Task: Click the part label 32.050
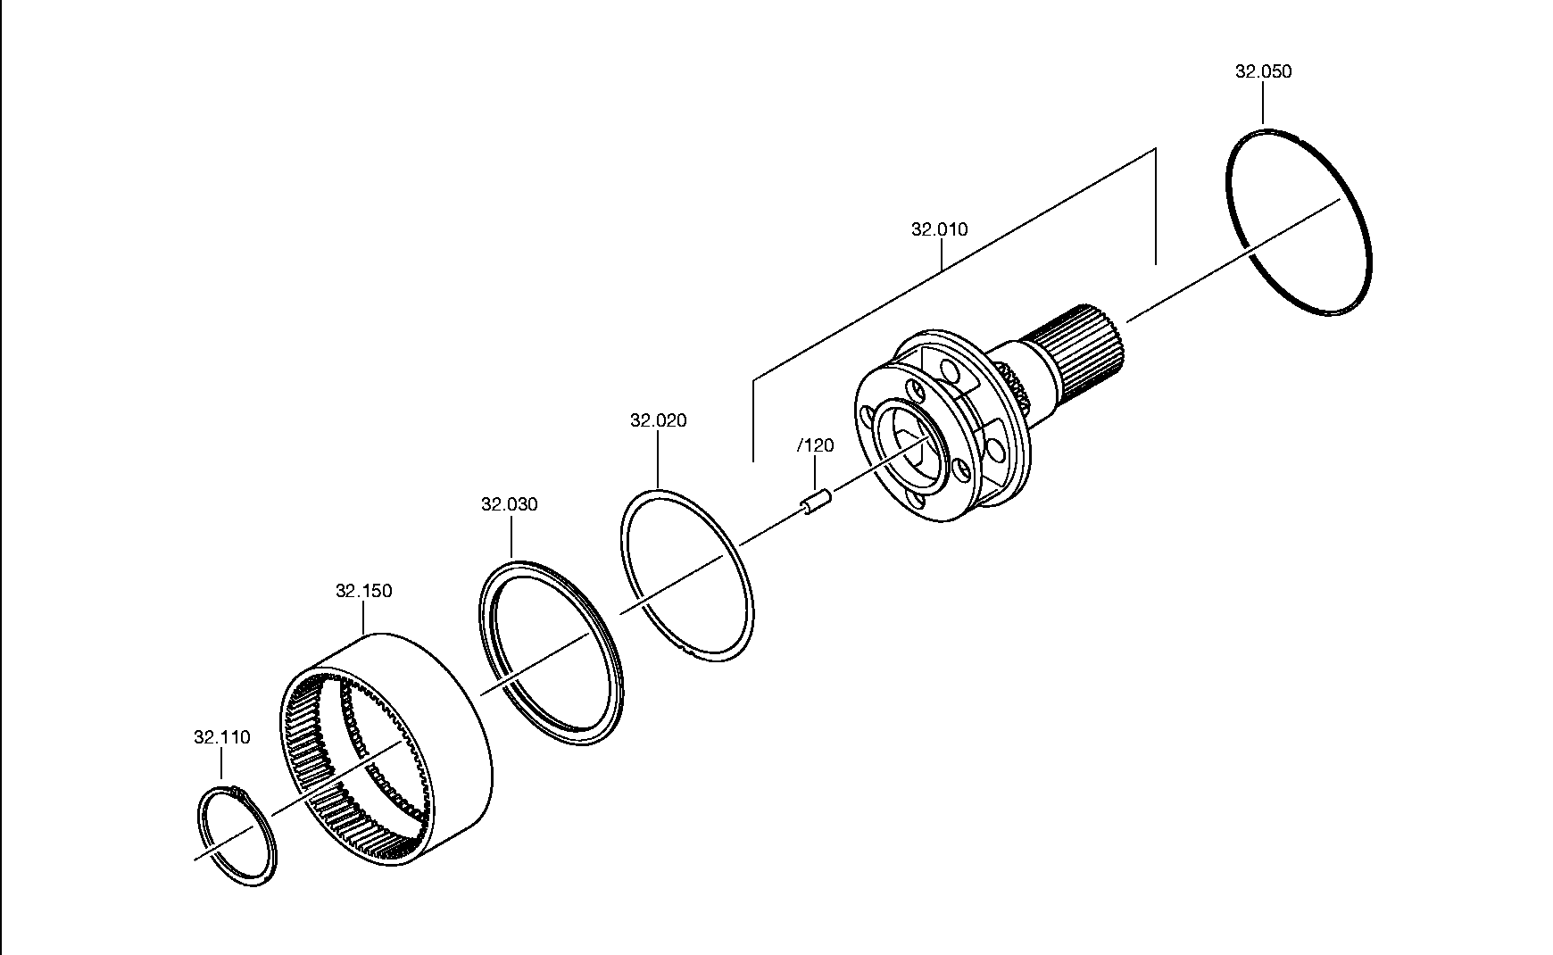click(1263, 71)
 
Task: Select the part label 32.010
click(939, 229)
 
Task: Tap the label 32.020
click(659, 420)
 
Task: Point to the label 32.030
click(510, 504)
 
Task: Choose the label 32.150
click(363, 591)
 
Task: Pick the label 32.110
click(222, 737)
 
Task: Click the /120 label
click(816, 445)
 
